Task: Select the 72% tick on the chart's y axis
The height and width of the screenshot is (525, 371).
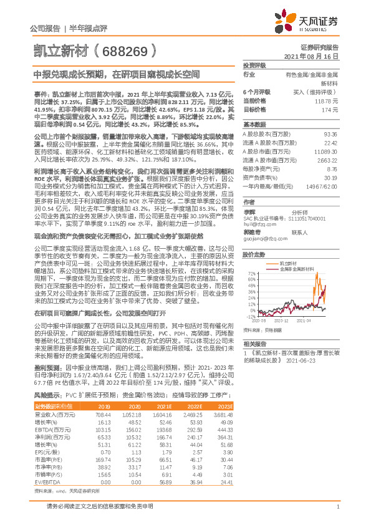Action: [x=251, y=274]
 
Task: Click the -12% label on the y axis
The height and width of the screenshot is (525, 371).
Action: [x=250, y=316]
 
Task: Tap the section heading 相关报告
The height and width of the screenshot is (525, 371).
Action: [x=253, y=344]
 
